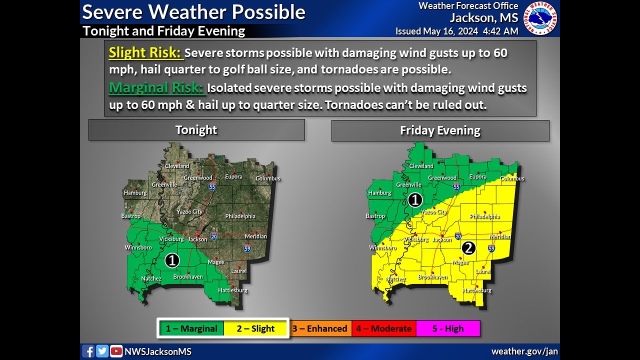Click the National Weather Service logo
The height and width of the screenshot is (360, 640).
coord(540,18)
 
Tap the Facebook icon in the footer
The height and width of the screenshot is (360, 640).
coord(88,351)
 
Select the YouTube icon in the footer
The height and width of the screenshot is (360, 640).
coord(116,351)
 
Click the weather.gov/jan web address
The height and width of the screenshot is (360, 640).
coord(524,351)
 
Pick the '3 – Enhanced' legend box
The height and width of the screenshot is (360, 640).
coord(320,328)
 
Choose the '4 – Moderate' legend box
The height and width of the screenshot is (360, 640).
coord(383,328)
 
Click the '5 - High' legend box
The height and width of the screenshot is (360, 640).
coord(447,328)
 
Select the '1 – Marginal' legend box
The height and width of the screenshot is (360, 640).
coord(191,328)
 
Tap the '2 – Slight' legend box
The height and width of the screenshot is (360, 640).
coord(255,328)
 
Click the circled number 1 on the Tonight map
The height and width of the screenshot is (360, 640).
coord(172,260)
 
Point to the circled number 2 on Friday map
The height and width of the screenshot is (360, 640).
coord(468,247)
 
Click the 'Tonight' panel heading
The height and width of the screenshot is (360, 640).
coord(196,130)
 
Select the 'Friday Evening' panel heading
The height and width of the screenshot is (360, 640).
coord(440,131)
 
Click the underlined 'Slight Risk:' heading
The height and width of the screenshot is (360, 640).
coord(145,52)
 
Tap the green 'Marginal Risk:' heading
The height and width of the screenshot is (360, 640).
coord(156,88)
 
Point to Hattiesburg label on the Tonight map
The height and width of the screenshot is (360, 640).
coord(232,290)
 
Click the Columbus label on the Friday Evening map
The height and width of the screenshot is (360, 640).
coord(512,178)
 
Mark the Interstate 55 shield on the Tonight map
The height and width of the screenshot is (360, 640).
coord(212,186)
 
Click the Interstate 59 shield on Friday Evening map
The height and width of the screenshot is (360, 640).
coord(491,248)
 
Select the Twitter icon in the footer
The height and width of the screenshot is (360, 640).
coord(102,351)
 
